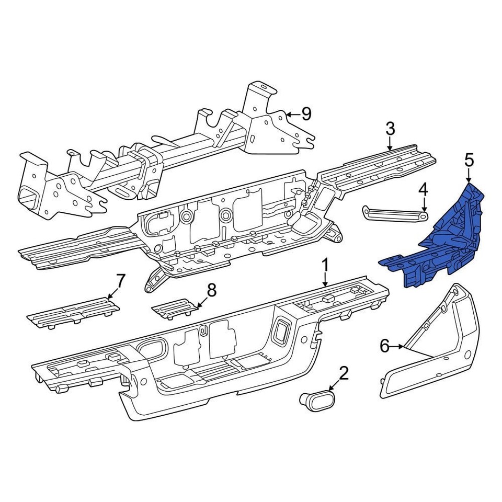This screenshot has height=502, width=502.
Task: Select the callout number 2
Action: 344,373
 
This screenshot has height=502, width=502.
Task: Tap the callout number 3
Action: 390,129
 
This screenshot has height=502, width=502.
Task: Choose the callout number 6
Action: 385,346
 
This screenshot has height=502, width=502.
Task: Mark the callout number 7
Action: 120,281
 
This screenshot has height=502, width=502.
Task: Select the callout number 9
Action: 306,113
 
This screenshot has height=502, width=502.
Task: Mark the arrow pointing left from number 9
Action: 289,113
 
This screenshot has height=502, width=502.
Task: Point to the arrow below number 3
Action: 390,146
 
